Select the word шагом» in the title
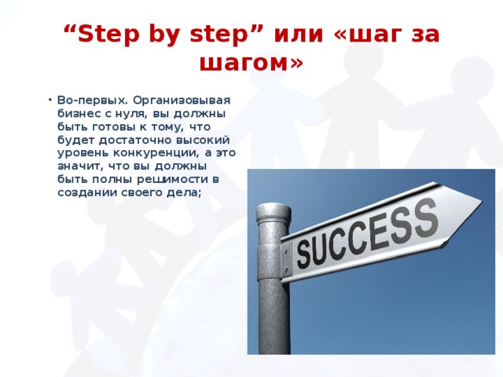tap(251, 62)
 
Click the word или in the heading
tap(299, 35)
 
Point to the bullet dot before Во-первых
tap(50, 100)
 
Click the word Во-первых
tap(93, 101)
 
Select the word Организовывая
tap(182, 101)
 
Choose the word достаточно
tap(138, 140)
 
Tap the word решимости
tap(173, 180)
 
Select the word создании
tap(87, 192)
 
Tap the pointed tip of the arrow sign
tap(482, 201)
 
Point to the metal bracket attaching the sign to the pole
tap(286, 258)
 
